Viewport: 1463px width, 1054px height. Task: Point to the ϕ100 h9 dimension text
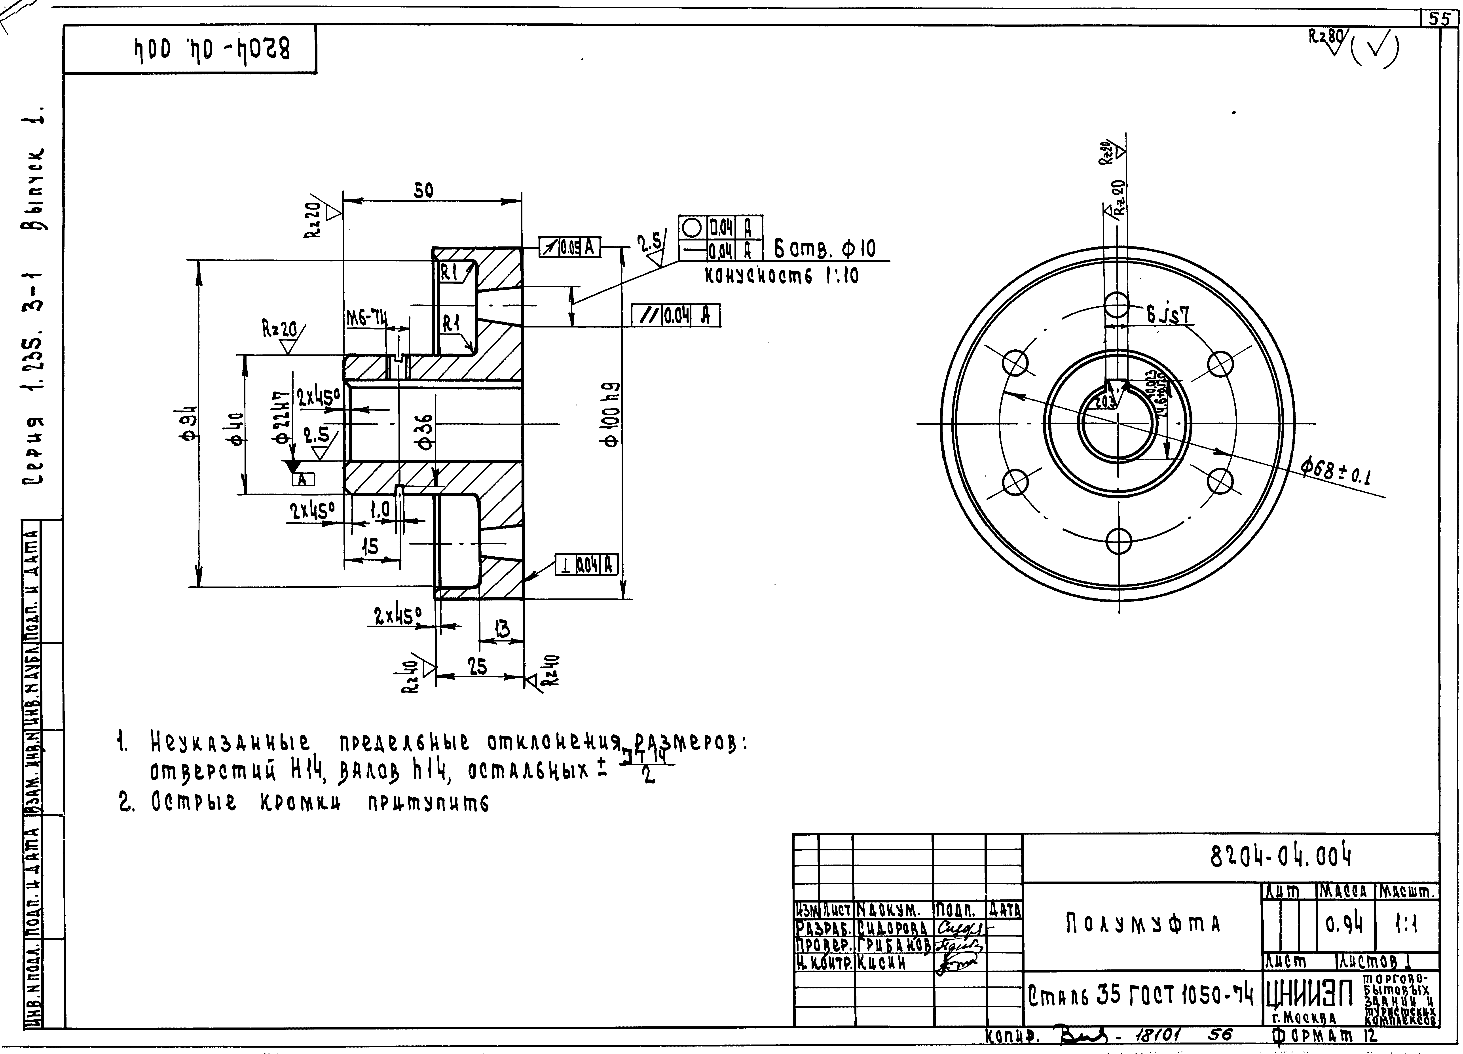(x=611, y=413)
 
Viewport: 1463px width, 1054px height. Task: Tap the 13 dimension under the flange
(x=501, y=629)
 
